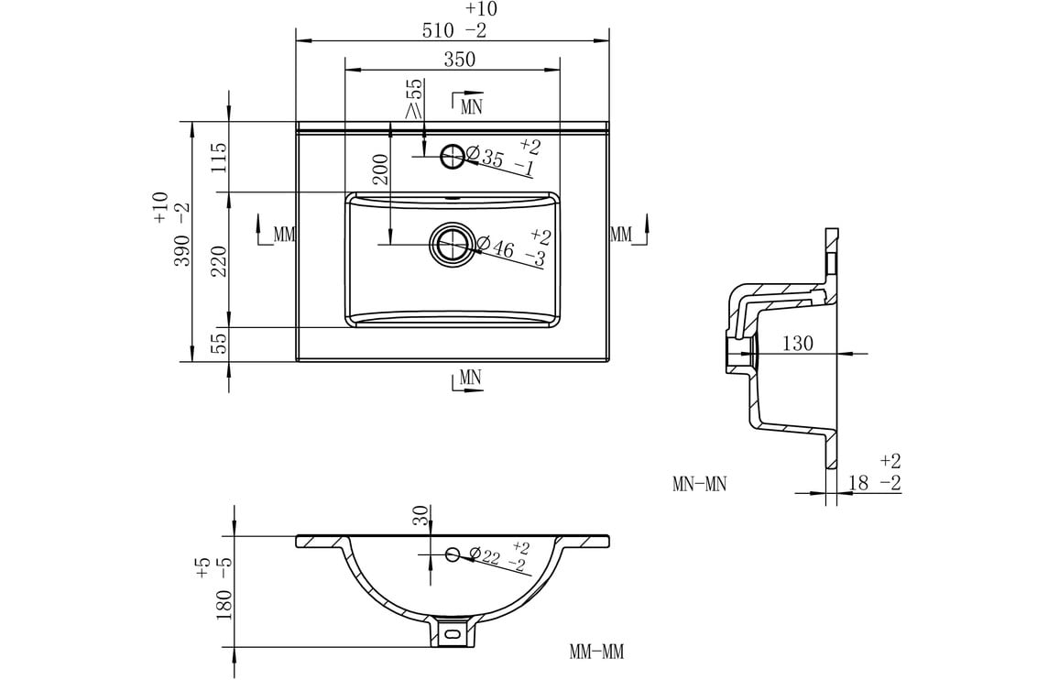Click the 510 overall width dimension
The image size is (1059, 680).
(439, 30)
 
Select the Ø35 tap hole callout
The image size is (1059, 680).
(492, 157)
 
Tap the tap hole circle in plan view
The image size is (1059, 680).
(453, 157)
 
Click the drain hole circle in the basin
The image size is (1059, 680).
(451, 244)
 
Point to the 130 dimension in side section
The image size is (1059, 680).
(797, 344)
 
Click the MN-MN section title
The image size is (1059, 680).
(699, 484)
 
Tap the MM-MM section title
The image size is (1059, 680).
(596, 653)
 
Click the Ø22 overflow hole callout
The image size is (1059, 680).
(496, 557)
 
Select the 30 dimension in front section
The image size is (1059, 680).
(420, 517)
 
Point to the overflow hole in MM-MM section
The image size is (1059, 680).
(452, 554)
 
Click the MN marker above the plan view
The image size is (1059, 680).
(471, 105)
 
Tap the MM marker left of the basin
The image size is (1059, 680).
(284, 235)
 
